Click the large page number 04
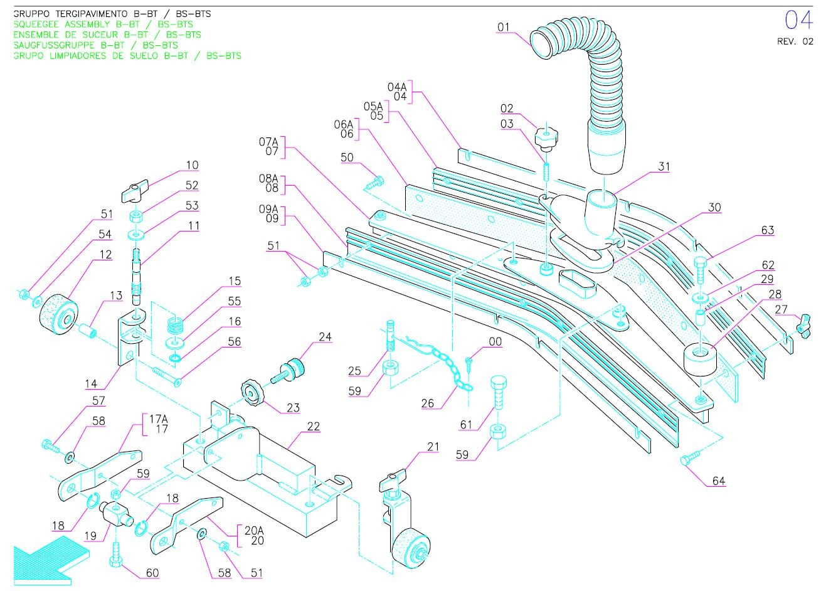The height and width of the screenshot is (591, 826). click(x=798, y=21)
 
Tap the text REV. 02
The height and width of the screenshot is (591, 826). click(x=795, y=41)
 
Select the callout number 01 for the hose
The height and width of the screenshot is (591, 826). click(x=504, y=27)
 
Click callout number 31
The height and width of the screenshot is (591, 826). click(x=664, y=167)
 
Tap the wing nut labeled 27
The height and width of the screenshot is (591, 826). click(x=803, y=325)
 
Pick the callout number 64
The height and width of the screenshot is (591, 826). click(x=718, y=481)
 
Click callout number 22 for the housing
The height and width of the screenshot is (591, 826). click(x=314, y=427)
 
